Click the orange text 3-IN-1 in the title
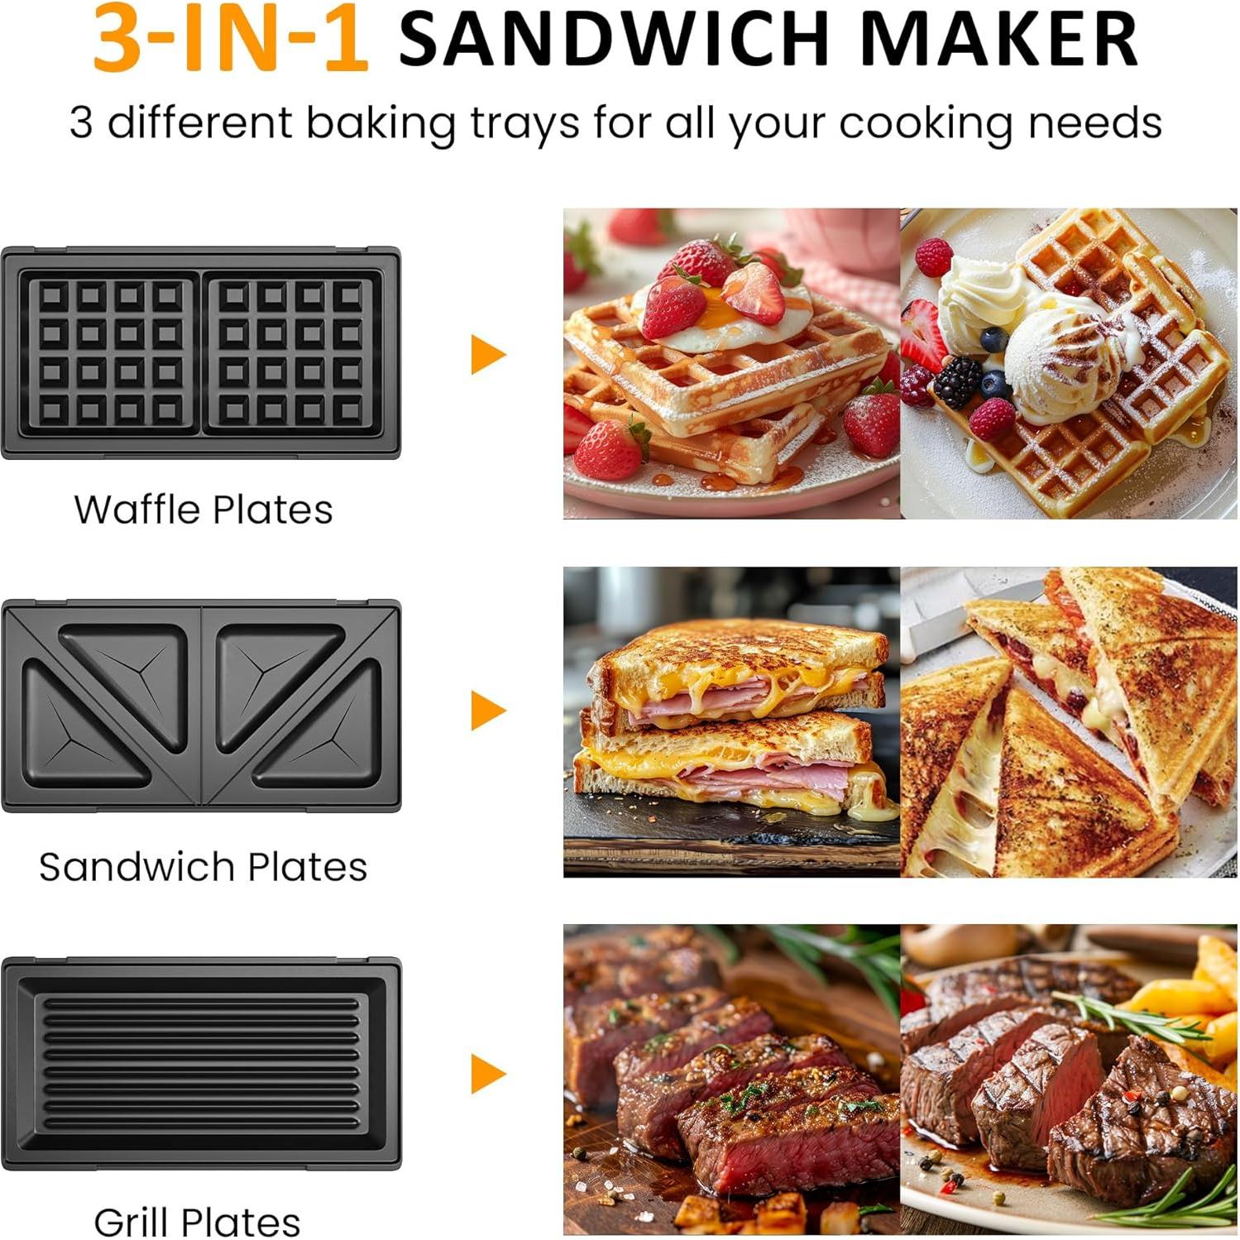click(230, 39)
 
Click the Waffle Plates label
click(203, 510)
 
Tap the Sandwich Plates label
click(203, 867)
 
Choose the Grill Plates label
click(197, 1221)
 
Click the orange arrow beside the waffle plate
click(487, 355)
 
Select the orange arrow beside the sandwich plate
click(487, 710)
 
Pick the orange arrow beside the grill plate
click(487, 1073)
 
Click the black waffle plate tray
click(201, 353)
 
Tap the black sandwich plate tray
click(201, 706)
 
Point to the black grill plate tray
click(201, 1063)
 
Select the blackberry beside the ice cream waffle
click(958, 382)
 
